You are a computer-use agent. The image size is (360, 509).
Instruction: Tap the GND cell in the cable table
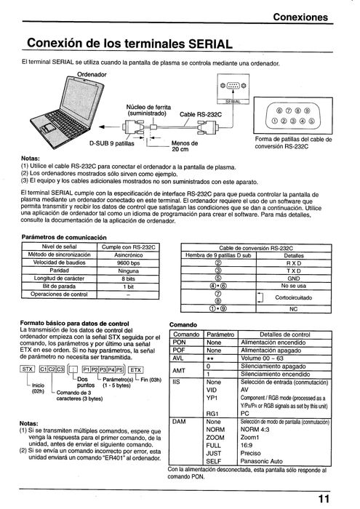293,278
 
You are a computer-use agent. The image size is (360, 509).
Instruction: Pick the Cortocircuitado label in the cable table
295,297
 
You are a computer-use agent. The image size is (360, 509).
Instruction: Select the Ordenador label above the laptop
91,74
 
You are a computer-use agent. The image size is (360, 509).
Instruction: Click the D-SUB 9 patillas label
113,144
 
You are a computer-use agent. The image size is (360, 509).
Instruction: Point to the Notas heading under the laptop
31,157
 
